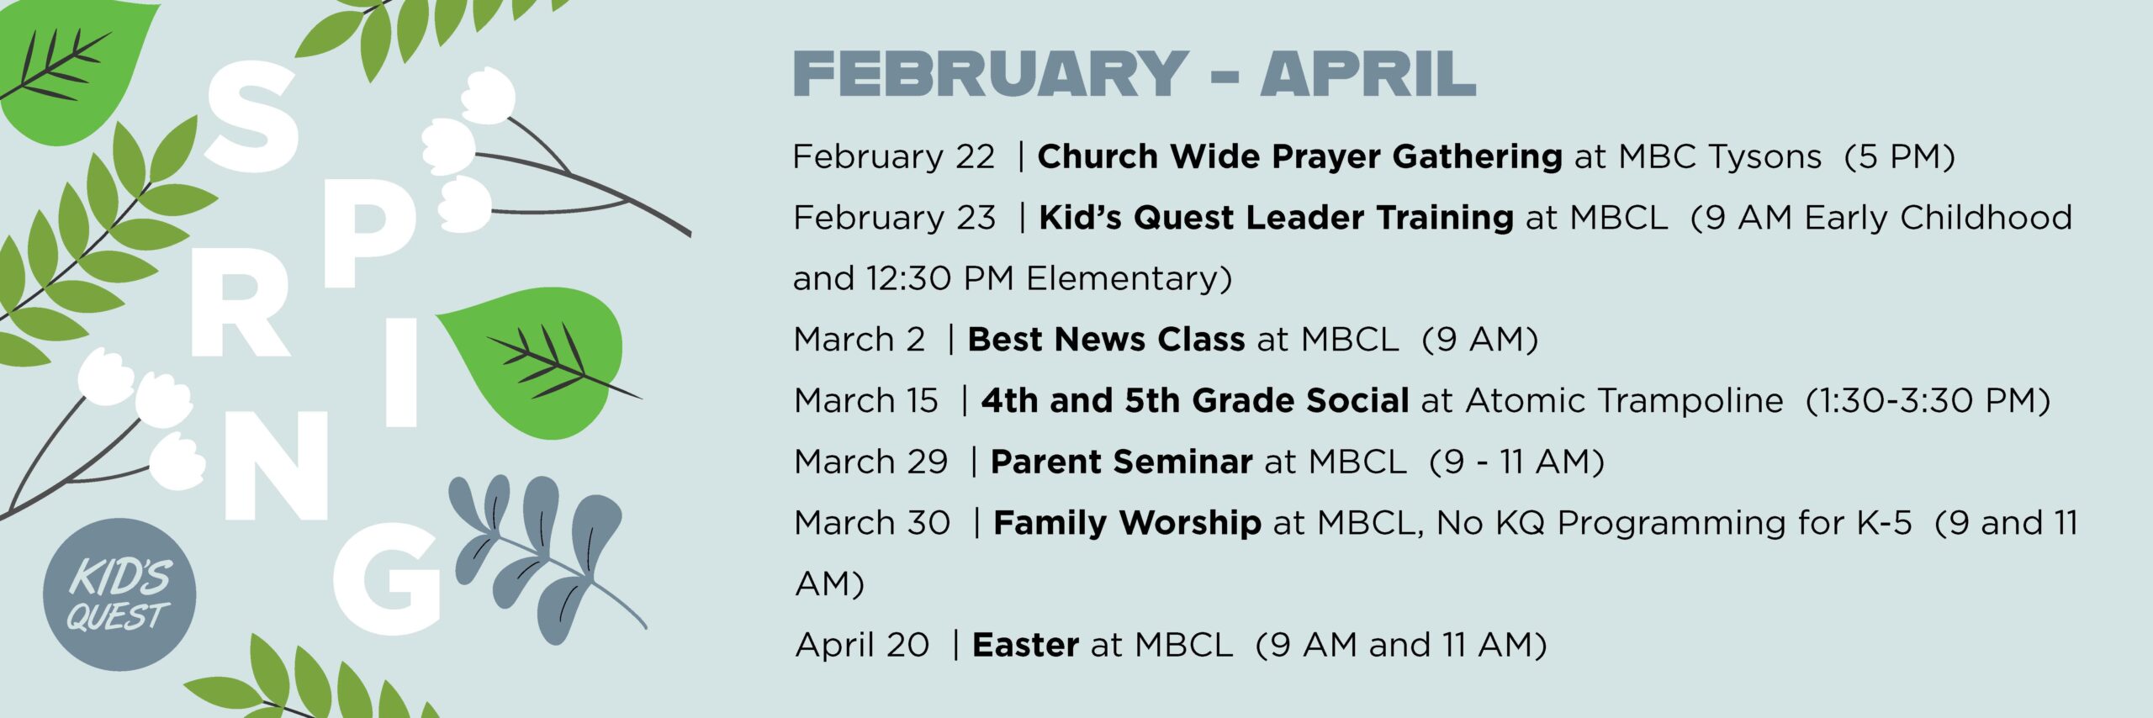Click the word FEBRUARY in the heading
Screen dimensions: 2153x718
(991, 74)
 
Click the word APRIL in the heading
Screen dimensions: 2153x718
(1367, 74)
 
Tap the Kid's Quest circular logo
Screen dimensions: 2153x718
(119, 594)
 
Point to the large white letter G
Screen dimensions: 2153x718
(387, 579)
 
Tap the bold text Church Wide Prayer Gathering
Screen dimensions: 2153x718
(1299, 157)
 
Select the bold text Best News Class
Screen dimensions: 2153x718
(1106, 340)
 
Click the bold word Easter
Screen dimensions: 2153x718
(1025, 645)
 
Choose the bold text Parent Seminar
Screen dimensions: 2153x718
(1121, 462)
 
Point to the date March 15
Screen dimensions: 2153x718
(865, 401)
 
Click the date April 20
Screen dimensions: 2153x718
(862, 646)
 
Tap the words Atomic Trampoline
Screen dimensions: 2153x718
(1624, 401)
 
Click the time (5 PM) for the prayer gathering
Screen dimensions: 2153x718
(1899, 157)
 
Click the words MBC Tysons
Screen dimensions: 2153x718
(1720, 157)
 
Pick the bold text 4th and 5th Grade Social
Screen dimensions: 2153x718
(1195, 401)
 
